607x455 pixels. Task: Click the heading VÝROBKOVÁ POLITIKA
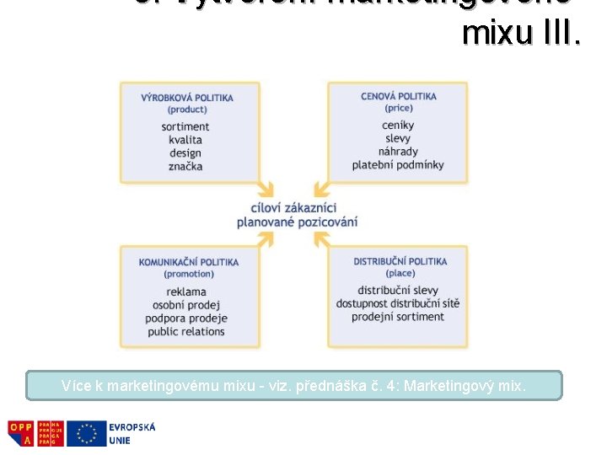[x=187, y=97]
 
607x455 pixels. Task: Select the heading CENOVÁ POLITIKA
[x=399, y=96]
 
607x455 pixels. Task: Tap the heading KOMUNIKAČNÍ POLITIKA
[x=189, y=262]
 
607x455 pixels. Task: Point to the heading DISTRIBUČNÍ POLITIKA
[x=400, y=261]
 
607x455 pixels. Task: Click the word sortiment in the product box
[x=185, y=126]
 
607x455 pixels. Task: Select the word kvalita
[x=185, y=140]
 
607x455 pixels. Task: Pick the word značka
[x=185, y=166]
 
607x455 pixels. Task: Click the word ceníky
[x=398, y=126]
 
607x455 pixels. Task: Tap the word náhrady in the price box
[x=398, y=152]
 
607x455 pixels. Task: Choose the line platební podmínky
[x=398, y=164]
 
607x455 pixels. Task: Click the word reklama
[x=186, y=292]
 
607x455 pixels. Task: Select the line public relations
[x=186, y=331]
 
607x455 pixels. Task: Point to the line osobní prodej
[x=186, y=304]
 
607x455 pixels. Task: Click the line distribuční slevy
[x=398, y=291]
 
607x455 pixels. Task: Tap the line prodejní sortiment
[x=398, y=317]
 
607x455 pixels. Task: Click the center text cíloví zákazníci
[x=293, y=207]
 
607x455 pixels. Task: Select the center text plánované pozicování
[x=297, y=222]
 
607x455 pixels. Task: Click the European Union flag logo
[x=86, y=433]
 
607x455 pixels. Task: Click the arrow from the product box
[x=265, y=187]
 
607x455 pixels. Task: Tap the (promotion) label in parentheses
[x=189, y=274]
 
